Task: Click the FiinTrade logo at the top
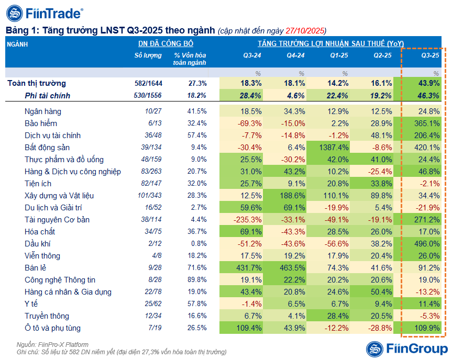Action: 44,13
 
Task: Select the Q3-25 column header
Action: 429,55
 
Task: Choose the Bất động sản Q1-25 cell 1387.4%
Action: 330,147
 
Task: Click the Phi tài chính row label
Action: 47,96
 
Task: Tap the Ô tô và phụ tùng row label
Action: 52,328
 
